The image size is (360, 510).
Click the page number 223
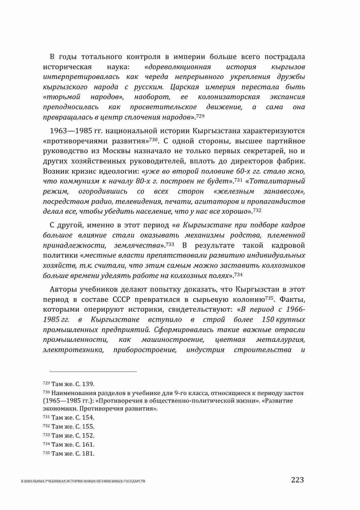click(x=297, y=479)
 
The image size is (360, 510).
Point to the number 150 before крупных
click(x=268, y=320)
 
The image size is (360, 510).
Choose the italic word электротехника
click(x=73, y=349)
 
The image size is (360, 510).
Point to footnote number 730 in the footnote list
click(x=46, y=393)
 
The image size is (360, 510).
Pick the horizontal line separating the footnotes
click(x=93, y=371)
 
